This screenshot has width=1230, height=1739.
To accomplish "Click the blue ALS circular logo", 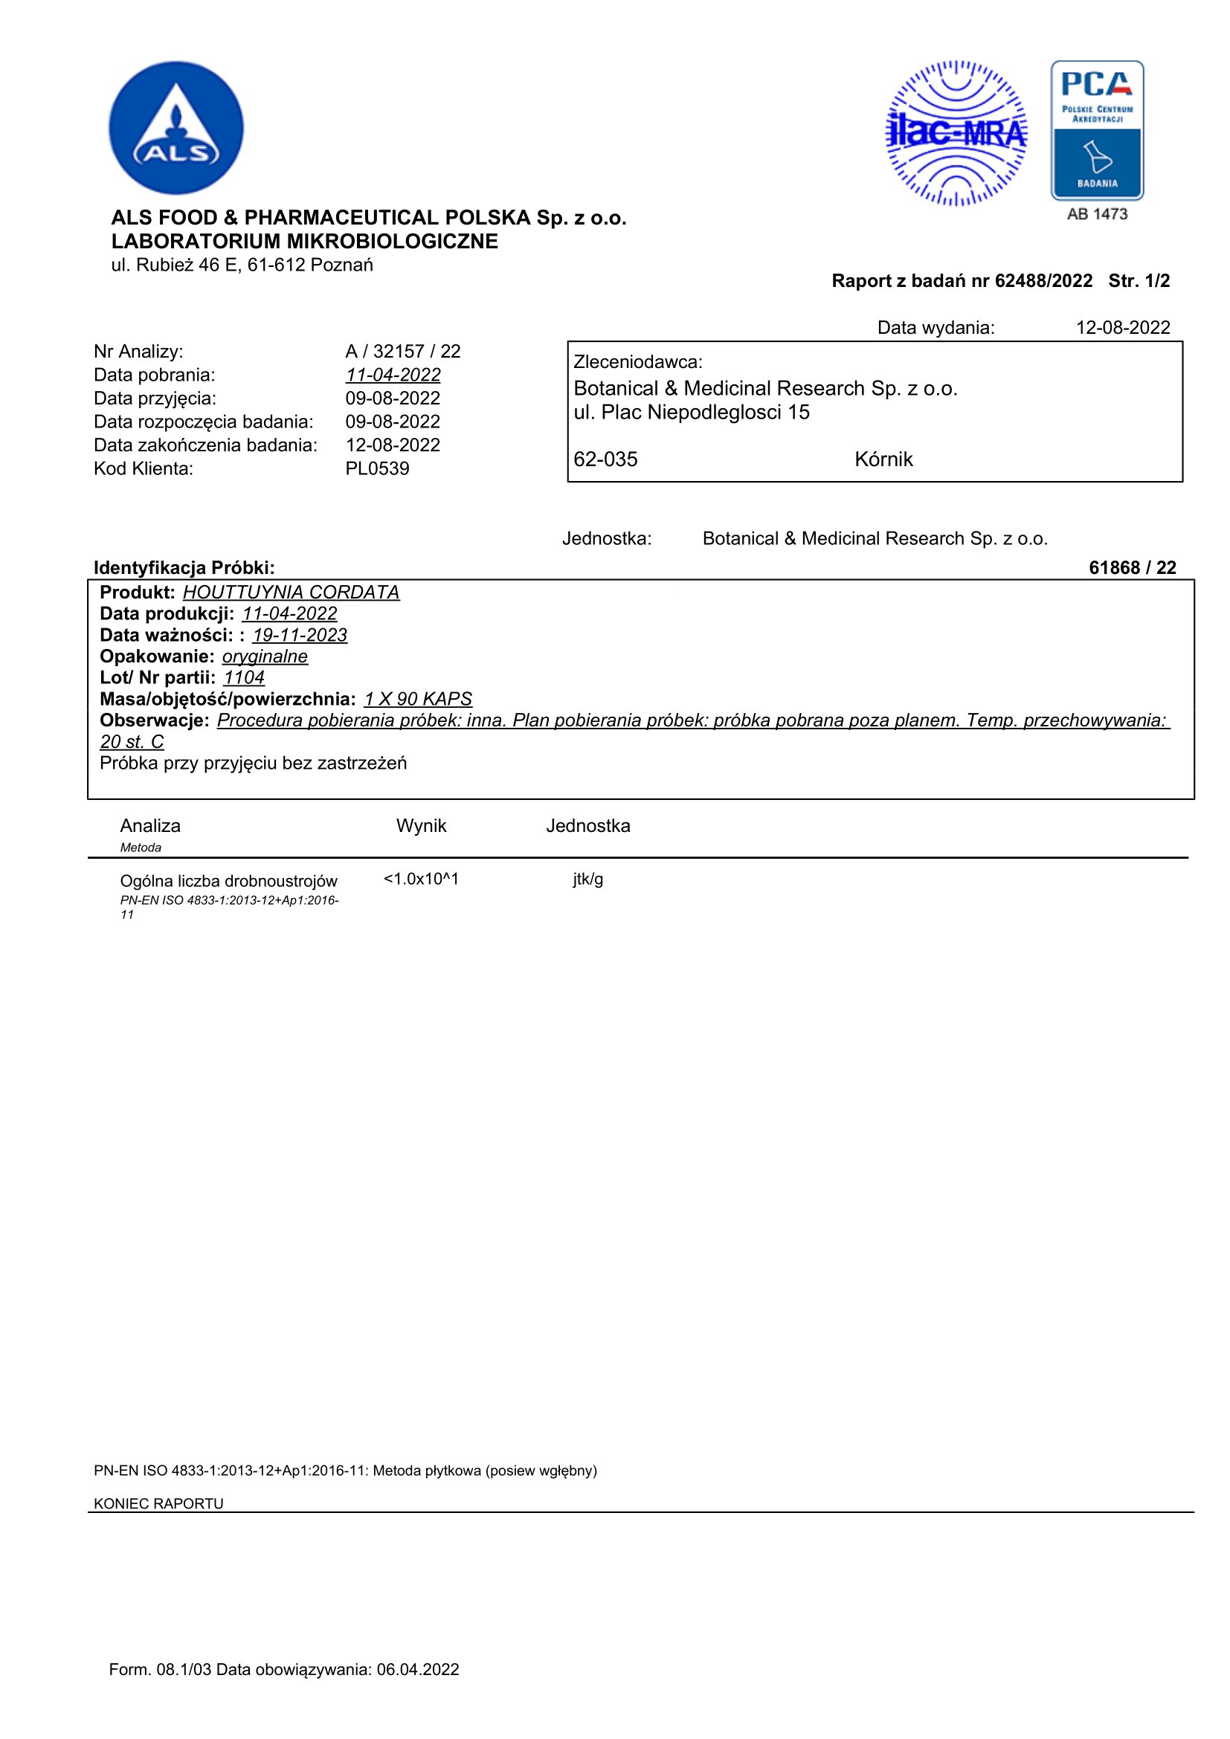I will (x=176, y=128).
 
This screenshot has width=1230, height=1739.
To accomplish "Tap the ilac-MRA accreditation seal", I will (x=956, y=133).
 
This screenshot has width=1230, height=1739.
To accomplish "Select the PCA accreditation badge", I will (x=1097, y=130).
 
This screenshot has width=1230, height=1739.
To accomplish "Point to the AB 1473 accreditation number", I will (x=1097, y=214).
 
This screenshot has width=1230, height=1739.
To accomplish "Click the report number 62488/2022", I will (x=1043, y=281).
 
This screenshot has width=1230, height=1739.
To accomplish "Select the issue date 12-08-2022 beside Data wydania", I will (x=1122, y=328).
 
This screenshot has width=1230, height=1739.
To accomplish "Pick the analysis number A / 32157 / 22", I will (x=403, y=352).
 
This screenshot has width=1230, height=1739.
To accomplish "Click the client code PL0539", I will (x=377, y=469).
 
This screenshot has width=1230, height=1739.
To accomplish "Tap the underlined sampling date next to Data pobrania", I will (x=393, y=375).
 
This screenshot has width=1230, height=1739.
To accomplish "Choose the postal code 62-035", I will (x=605, y=459).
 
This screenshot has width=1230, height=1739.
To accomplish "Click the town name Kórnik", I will (x=883, y=459).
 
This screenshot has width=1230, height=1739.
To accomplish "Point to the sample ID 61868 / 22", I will (x=1132, y=568).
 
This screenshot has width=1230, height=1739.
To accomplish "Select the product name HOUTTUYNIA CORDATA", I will (x=291, y=593).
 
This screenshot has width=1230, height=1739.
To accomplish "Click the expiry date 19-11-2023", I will (x=300, y=636).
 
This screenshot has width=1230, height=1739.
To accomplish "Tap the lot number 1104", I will (x=244, y=678).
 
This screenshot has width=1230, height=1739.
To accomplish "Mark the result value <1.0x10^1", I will (x=421, y=880).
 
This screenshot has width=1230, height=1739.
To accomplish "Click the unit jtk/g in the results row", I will (x=587, y=880).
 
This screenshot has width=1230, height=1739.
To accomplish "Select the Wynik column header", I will (x=421, y=825).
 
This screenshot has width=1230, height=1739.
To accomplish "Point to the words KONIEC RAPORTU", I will (x=158, y=1503).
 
